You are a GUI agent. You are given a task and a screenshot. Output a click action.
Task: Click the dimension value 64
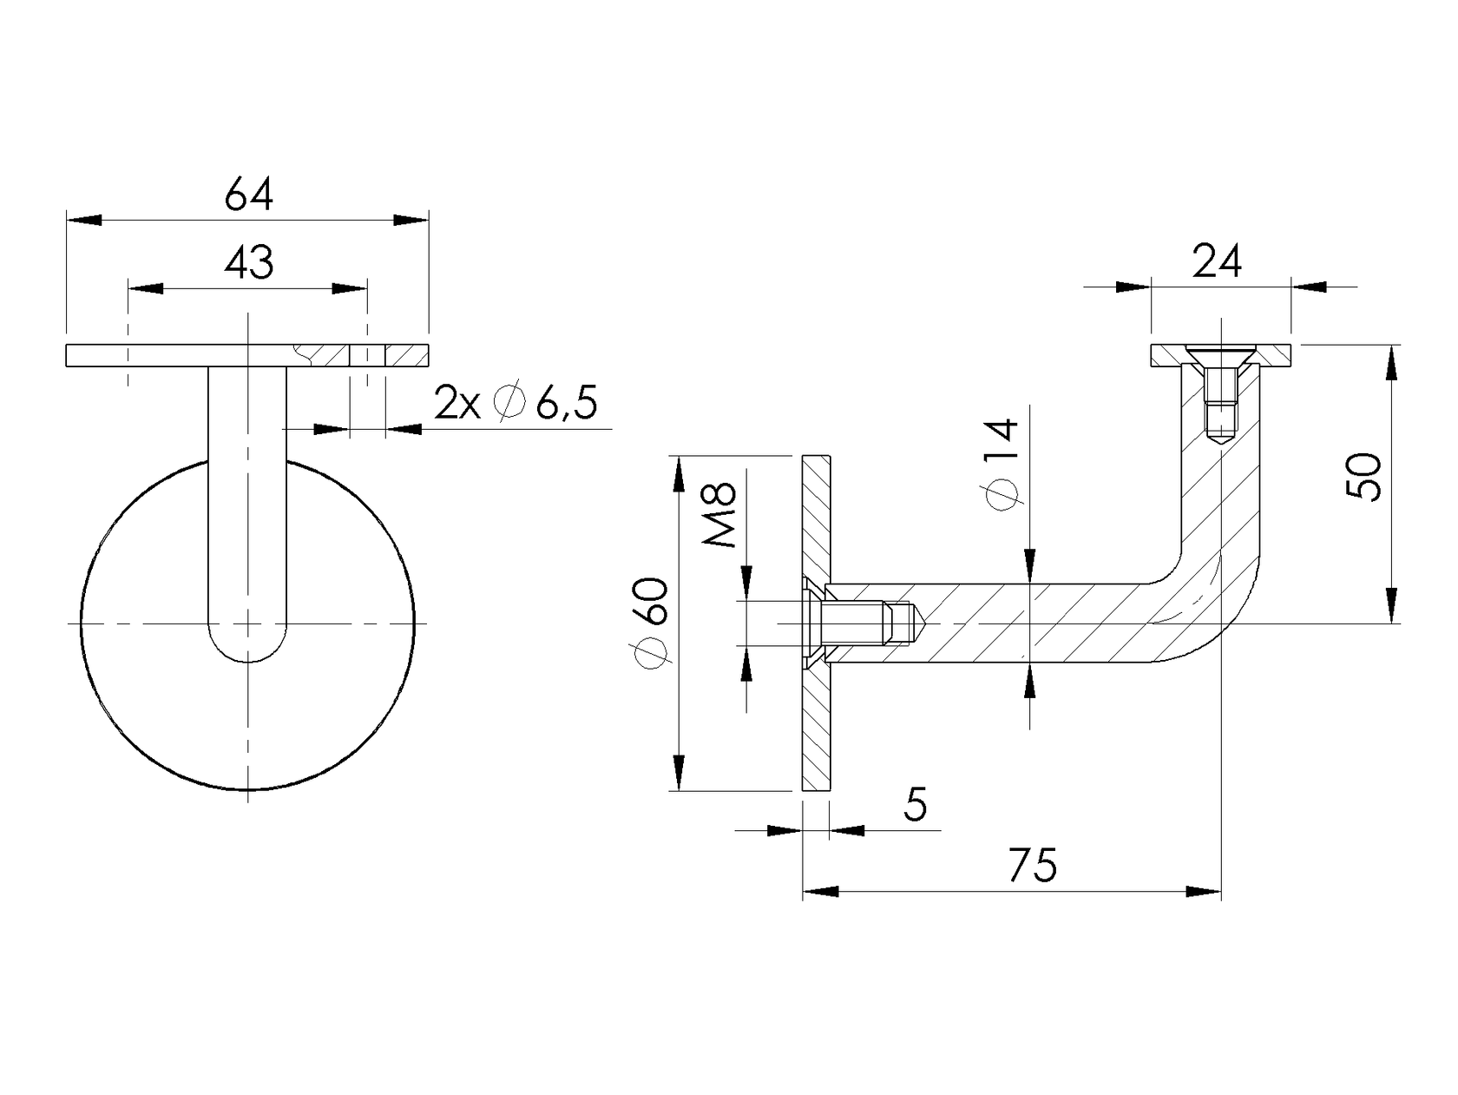coord(248,195)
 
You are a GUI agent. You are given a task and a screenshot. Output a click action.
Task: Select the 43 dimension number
coord(248,262)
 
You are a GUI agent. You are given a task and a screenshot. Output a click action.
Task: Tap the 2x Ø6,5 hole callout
coord(516,404)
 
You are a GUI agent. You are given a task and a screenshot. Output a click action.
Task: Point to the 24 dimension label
coord(1217,261)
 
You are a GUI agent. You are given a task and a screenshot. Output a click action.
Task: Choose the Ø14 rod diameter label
coord(1002,465)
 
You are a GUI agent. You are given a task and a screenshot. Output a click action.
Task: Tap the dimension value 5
coord(915,805)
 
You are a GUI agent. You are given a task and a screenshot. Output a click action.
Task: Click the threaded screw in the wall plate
coord(864,623)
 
